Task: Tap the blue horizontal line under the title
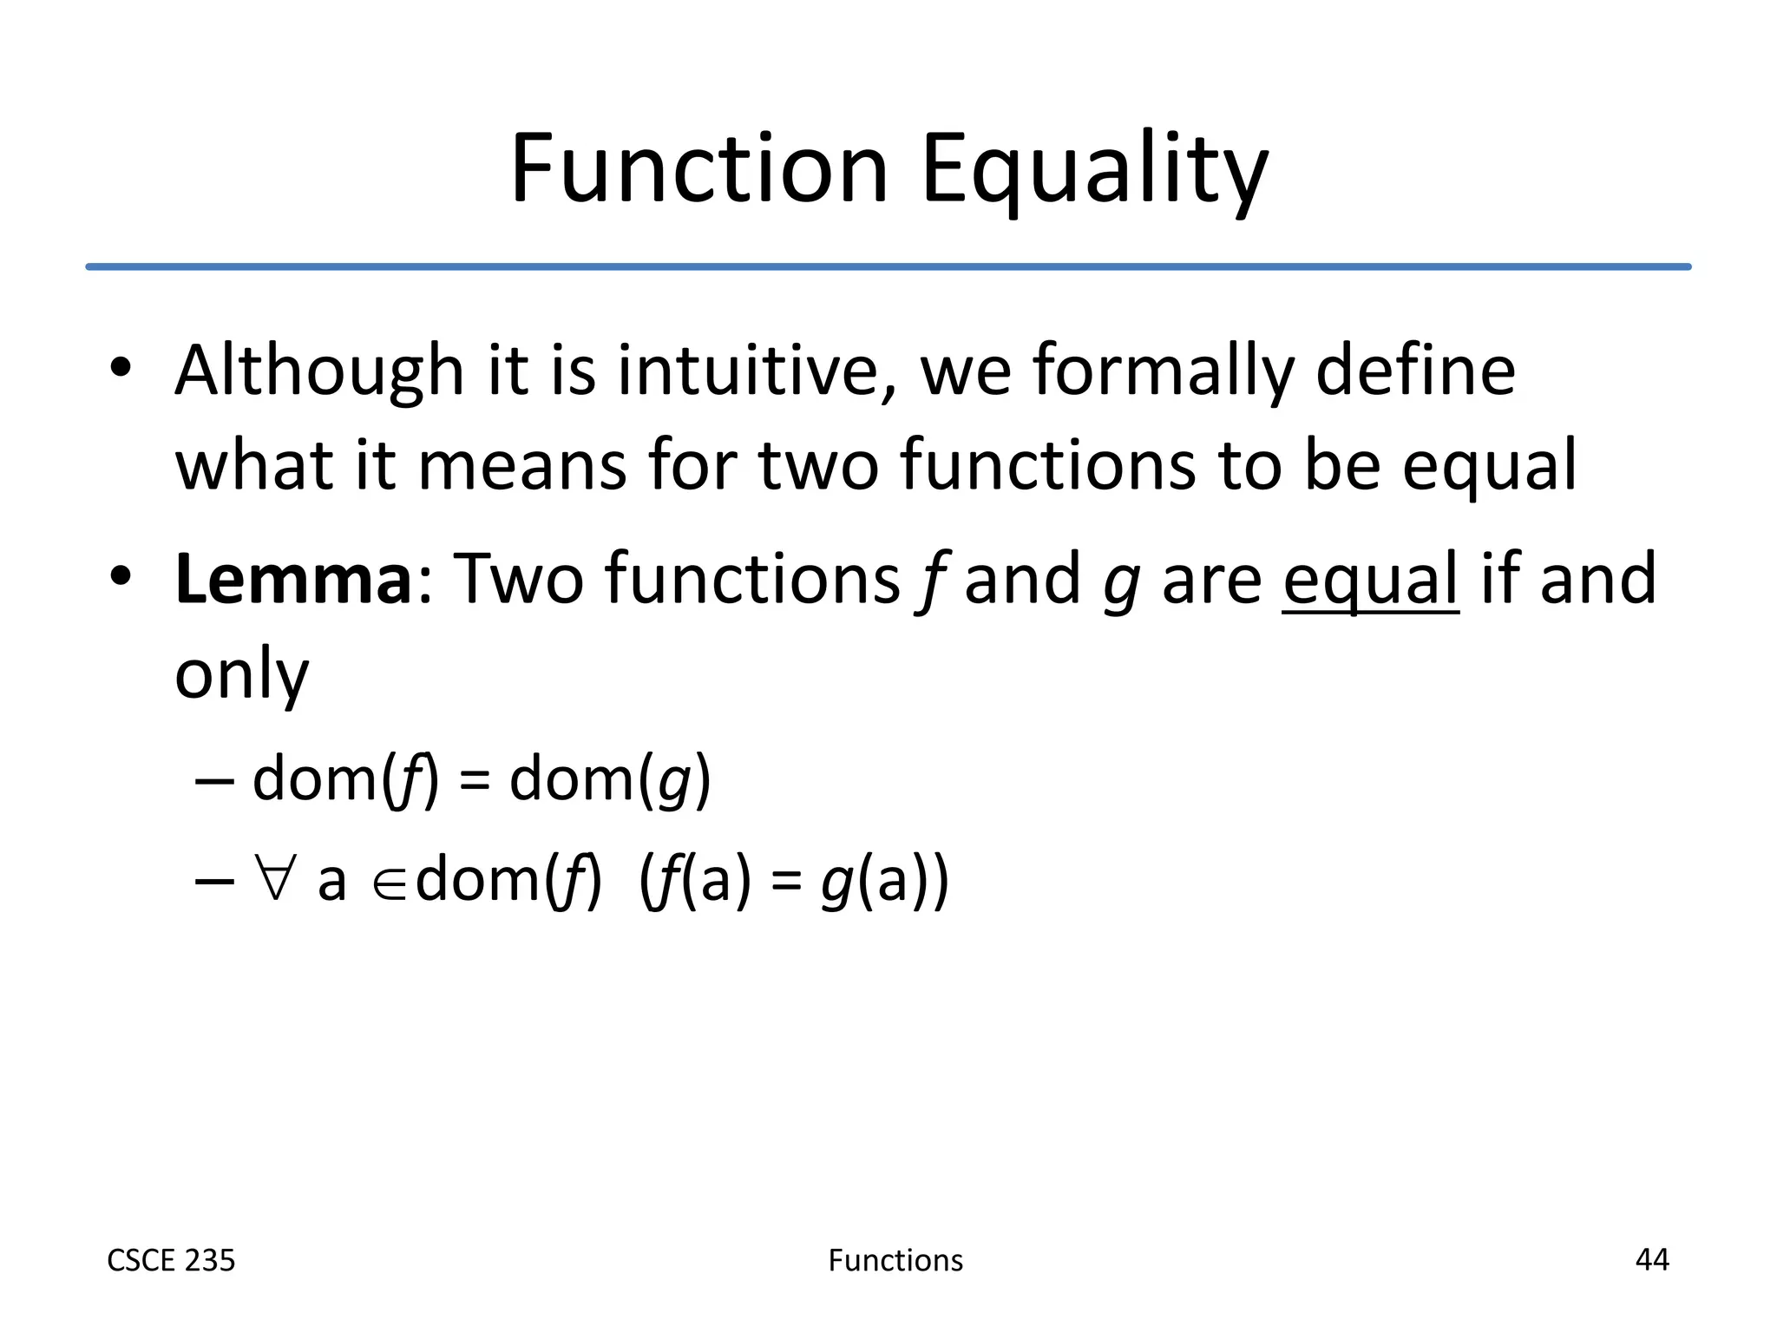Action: [888, 266]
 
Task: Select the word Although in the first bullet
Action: [319, 371]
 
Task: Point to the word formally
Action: [1162, 371]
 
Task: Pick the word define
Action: [1415, 371]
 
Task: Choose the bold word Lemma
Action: [292, 579]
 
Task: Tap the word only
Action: [241, 675]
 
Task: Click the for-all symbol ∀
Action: [275, 878]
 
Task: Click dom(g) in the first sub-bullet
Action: [610, 779]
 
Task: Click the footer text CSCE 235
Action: [171, 1260]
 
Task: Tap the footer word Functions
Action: [895, 1260]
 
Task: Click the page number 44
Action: [1651, 1259]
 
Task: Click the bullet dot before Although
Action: [121, 368]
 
